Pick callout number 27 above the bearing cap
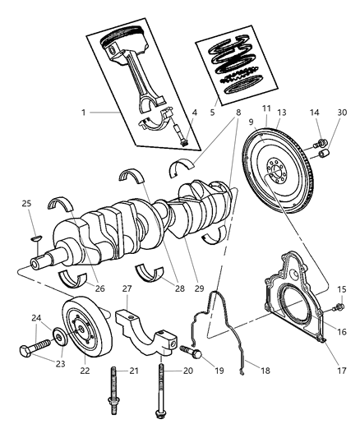(127, 288)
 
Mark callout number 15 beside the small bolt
(341, 289)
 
